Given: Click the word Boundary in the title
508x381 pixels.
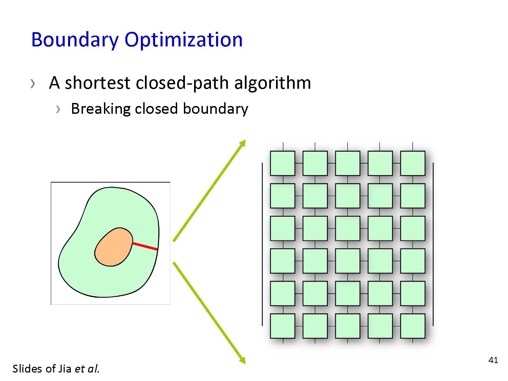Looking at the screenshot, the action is coord(75,40).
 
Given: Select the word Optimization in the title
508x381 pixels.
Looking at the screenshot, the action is coord(184,40).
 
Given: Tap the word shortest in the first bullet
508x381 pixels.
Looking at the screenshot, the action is coord(98,83).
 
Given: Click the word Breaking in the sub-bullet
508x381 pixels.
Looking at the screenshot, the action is coord(101,109).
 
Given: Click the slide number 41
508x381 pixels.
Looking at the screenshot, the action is coord(493,360).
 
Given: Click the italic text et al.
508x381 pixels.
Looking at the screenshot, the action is coord(87,369).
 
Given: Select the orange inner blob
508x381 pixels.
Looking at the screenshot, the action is coord(114,247).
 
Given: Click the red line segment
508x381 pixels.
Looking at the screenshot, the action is coord(145,246).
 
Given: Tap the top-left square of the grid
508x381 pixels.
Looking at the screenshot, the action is coord(282,163).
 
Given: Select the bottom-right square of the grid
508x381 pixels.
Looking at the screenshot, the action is coord(412,326).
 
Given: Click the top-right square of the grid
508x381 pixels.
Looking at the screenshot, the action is coord(412,163).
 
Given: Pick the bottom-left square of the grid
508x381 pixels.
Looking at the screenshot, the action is coord(282,326).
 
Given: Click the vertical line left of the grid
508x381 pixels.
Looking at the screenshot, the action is coord(262,244).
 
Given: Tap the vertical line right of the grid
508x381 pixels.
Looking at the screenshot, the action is coord(433,244).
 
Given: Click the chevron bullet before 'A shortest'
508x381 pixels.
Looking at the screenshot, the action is coord(33,84).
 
